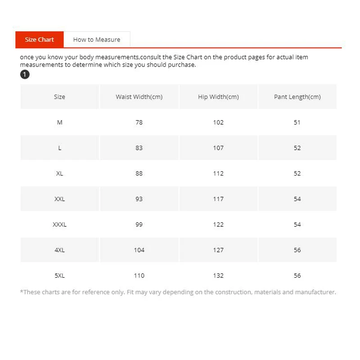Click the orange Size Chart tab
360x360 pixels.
[x=40, y=40]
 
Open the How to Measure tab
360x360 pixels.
[x=97, y=40]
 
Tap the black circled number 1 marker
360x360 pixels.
[x=25, y=75]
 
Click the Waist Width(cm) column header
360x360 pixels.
[x=139, y=97]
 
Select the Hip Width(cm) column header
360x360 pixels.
[x=218, y=97]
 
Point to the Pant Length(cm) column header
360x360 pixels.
[x=297, y=97]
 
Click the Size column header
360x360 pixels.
[x=59, y=97]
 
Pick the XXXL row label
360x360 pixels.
[x=59, y=225]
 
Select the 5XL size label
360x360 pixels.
[x=59, y=275]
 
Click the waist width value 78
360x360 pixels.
[x=139, y=122]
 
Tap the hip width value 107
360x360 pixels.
[x=218, y=148]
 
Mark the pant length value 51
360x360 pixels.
[x=297, y=122]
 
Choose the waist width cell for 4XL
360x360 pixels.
[x=139, y=250]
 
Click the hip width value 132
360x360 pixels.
[x=218, y=275]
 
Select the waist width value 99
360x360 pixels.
[x=139, y=225]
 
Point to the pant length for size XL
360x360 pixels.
[x=297, y=174]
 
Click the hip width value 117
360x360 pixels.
[x=218, y=199]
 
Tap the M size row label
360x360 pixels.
[x=59, y=122]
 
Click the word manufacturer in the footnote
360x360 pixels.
[x=315, y=292]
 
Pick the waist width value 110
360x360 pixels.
[x=139, y=275]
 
